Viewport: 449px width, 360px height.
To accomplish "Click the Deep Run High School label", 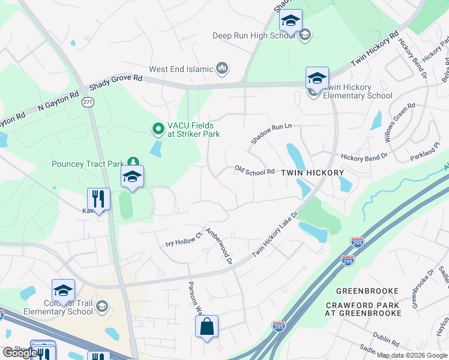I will [254, 35].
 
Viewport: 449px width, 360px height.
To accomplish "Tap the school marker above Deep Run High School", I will [291, 22].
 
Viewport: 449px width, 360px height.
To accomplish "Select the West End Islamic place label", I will [183, 69].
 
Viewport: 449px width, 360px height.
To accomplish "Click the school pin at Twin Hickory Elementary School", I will [317, 79].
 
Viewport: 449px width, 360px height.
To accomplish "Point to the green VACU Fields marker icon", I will [157, 128].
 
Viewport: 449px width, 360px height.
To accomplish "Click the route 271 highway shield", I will [88, 103].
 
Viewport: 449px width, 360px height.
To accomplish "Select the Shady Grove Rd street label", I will [116, 83].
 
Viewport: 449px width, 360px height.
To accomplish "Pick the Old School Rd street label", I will [255, 172].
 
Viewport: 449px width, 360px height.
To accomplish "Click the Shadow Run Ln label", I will [271, 133].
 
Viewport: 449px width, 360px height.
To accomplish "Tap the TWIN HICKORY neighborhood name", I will [313, 173].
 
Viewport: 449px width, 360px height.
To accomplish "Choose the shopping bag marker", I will [206, 327].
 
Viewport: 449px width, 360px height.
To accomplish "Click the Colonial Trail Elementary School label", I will [58, 307].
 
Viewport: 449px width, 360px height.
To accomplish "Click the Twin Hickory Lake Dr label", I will [275, 235].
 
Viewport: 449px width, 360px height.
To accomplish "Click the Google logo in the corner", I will [19, 353].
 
